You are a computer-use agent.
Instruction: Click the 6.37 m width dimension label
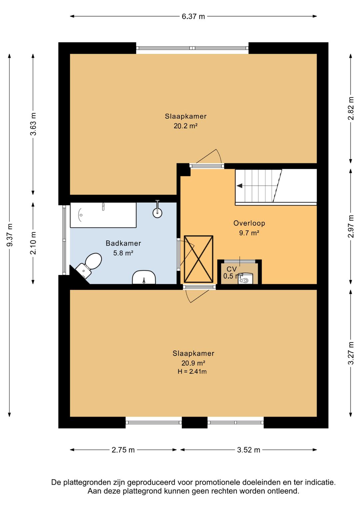coord(193,16)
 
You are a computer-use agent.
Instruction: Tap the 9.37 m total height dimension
coord(10,235)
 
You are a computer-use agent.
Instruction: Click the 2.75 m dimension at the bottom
coord(123,450)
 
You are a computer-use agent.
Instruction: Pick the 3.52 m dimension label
coord(248,450)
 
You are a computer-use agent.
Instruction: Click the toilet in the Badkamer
coord(89,265)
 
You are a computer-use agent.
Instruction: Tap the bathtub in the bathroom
coord(103,215)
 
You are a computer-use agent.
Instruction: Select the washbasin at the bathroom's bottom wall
coord(144,277)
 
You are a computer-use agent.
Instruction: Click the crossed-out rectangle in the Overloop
coord(199,259)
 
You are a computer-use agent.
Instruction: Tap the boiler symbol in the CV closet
coord(245,279)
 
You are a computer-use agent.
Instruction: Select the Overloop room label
coord(249,223)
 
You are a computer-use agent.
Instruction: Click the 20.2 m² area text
coord(185,126)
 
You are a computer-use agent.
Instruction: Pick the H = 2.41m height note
coord(192,372)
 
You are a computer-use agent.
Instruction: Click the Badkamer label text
coord(123,243)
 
